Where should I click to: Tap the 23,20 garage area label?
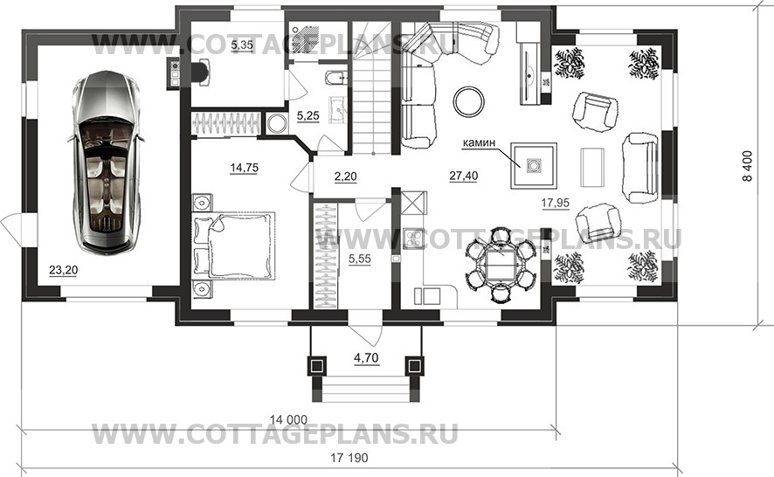coord(63,270)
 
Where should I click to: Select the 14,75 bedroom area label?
coord(244,168)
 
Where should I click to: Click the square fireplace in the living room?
coord(534,165)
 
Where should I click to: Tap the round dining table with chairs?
coord(501,264)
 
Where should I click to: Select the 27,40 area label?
coord(464,176)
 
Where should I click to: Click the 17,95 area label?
coord(556,203)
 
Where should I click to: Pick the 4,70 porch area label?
coord(366,357)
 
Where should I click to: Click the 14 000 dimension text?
coord(288,419)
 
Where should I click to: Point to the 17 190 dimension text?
coord(349,458)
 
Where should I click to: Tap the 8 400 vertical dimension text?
coord(748,166)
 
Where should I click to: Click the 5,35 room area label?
coord(242,45)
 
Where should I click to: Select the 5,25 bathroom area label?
coord(308,116)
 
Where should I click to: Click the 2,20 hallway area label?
coord(345,176)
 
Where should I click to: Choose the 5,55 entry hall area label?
coord(359,259)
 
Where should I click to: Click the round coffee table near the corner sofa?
coord(469,101)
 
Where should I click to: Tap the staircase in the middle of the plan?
coord(371,88)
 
